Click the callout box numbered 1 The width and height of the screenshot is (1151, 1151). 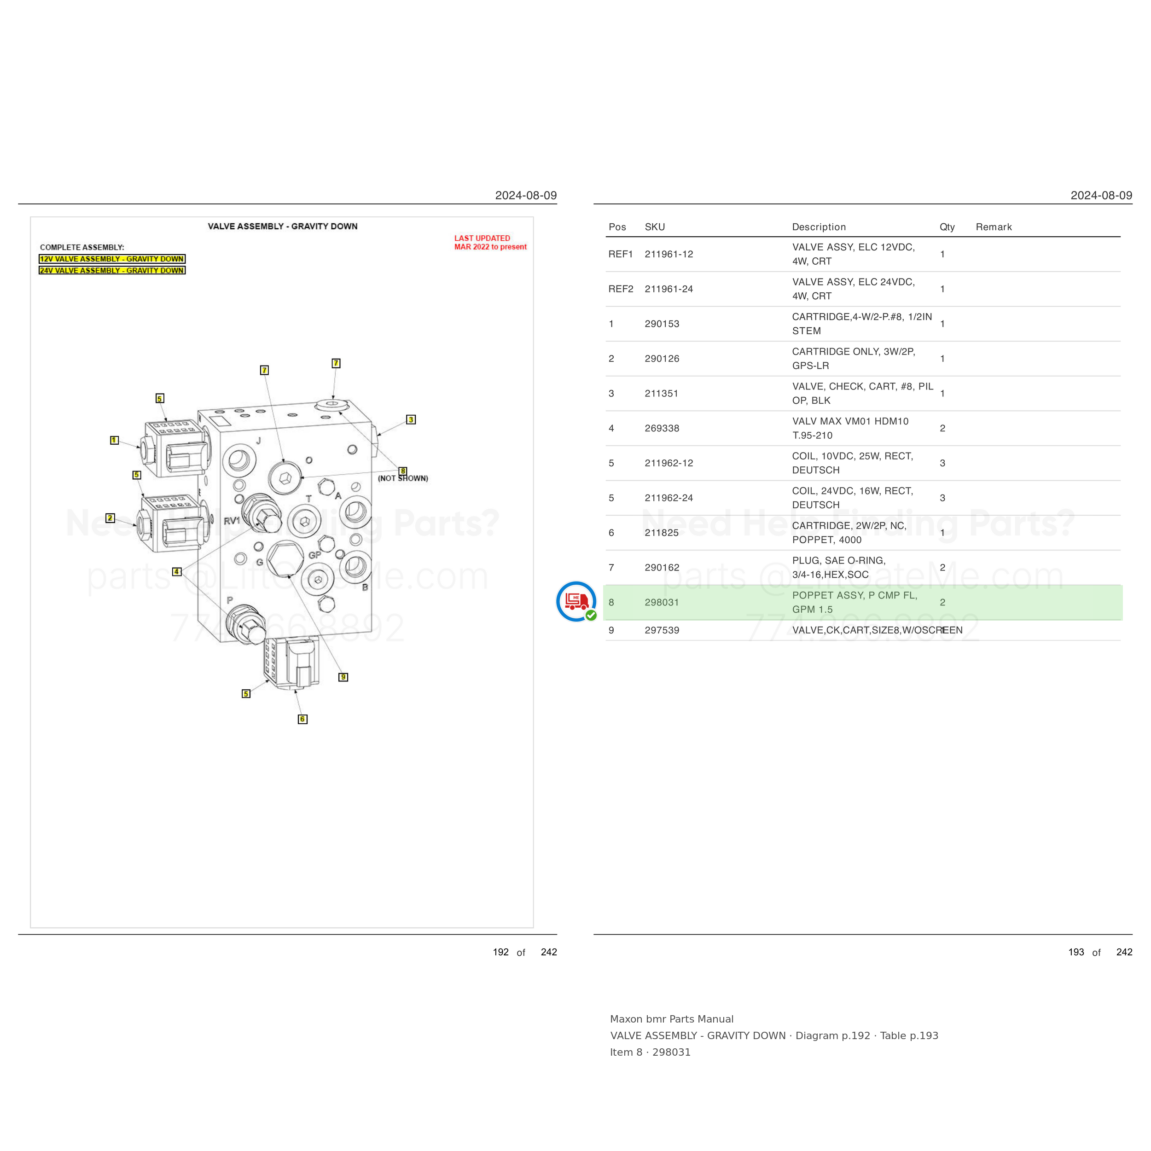pyautogui.click(x=114, y=440)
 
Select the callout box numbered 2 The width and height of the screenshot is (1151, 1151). pyautogui.click(x=110, y=517)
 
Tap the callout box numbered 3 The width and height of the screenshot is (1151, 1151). pyautogui.click(x=411, y=419)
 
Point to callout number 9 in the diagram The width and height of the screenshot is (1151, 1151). pyautogui.click(x=343, y=677)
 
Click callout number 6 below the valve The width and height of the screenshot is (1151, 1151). pyautogui.click(x=302, y=719)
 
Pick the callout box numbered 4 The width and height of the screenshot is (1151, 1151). pyautogui.click(x=177, y=571)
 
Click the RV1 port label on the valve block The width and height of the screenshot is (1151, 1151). pyautogui.click(x=232, y=521)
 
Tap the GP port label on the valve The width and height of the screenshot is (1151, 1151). pyautogui.click(x=314, y=555)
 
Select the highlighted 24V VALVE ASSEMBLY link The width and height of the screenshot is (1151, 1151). pyautogui.click(x=112, y=270)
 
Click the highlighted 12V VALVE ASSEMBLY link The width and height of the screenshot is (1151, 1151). pyautogui.click(x=112, y=259)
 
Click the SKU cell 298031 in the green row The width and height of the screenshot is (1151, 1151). pyautogui.click(x=662, y=602)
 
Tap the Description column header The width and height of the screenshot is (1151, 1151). pyautogui.click(x=819, y=227)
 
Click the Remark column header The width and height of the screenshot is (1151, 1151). pyautogui.click(x=994, y=227)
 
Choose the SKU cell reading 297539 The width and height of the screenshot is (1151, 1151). pyautogui.click(x=662, y=630)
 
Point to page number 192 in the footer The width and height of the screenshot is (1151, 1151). pyautogui.click(x=500, y=952)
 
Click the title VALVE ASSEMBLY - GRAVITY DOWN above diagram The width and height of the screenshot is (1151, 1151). pyautogui.click(x=282, y=227)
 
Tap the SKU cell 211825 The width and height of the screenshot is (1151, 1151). pyautogui.click(x=662, y=533)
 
